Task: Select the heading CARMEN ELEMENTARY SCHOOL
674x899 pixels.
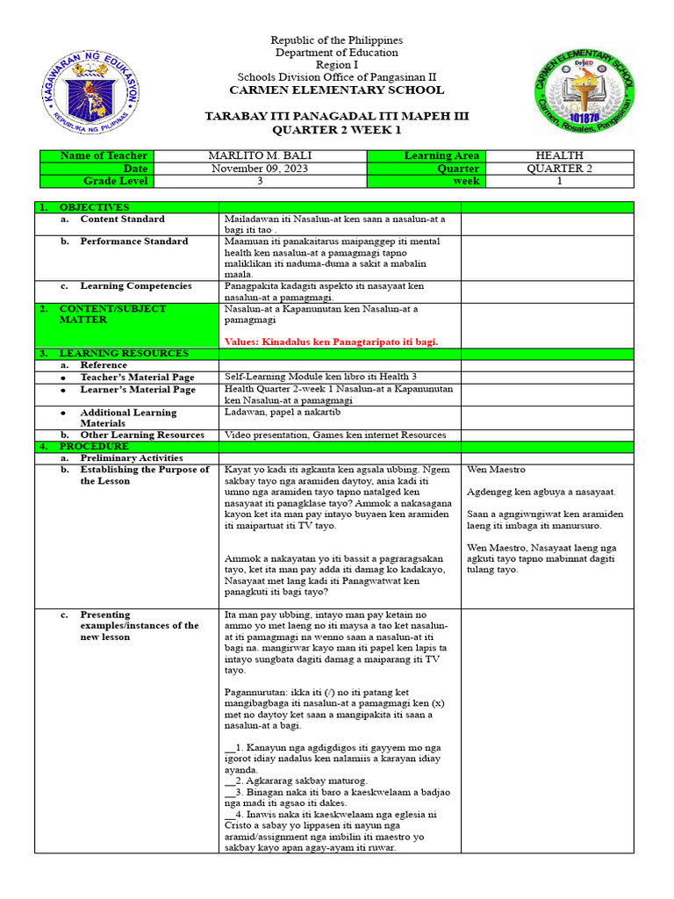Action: (336, 90)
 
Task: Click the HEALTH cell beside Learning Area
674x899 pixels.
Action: (559, 156)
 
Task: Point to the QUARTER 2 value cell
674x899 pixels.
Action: (559, 169)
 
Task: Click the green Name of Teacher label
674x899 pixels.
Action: (103, 156)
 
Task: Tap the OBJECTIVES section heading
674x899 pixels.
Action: (94, 207)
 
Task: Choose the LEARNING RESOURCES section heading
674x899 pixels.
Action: (123, 353)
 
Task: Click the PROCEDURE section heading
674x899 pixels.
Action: (94, 446)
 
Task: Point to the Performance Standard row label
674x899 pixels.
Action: (133, 241)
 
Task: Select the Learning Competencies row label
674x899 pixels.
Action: (135, 286)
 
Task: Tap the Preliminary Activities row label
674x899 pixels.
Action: (132, 458)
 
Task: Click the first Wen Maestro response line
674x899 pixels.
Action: (496, 470)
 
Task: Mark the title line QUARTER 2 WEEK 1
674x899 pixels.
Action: (336, 129)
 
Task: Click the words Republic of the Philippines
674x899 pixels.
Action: (336, 40)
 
